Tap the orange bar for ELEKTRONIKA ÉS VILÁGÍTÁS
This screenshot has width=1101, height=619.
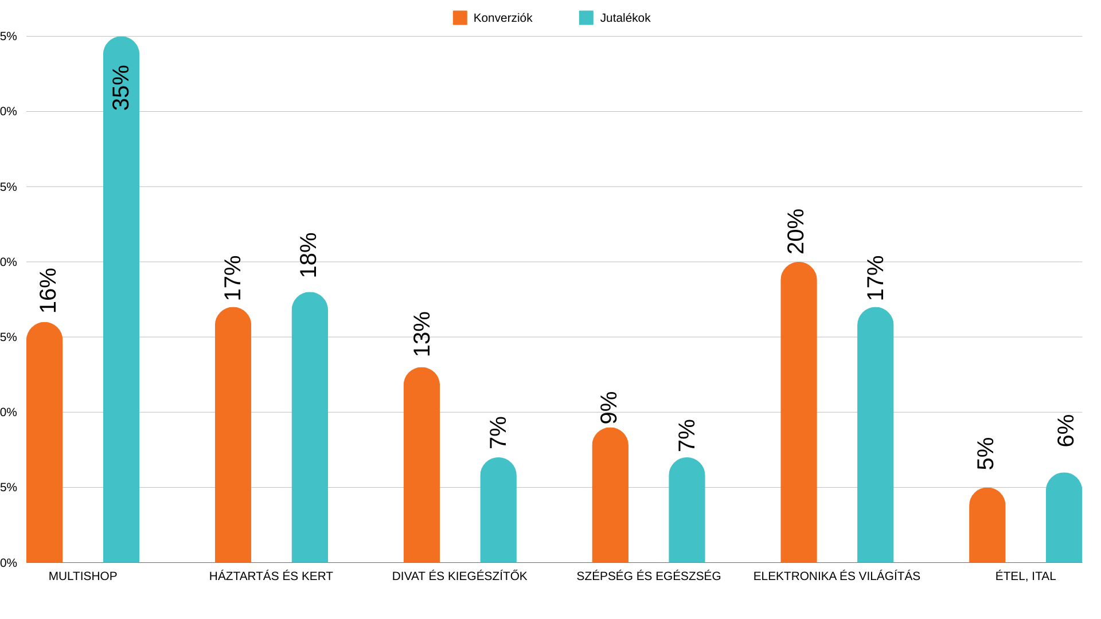(x=798, y=413)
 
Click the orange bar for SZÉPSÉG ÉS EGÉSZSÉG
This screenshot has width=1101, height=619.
(x=610, y=496)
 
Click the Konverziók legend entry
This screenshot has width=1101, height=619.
(x=493, y=18)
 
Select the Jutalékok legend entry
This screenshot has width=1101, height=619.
(x=615, y=18)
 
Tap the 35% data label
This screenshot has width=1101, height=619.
(x=121, y=88)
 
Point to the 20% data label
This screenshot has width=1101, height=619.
(x=796, y=232)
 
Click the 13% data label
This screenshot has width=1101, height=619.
(x=421, y=334)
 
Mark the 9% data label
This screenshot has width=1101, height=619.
(x=608, y=408)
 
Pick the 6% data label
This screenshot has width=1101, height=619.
(x=1065, y=430)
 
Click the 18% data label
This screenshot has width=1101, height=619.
(x=309, y=255)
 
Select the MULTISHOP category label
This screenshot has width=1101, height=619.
(x=83, y=576)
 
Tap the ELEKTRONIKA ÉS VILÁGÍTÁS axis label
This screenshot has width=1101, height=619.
(x=837, y=576)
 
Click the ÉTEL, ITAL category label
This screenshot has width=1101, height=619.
(x=1025, y=576)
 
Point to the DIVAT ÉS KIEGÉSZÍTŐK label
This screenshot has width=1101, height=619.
(x=459, y=576)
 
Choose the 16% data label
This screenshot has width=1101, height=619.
(x=48, y=291)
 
